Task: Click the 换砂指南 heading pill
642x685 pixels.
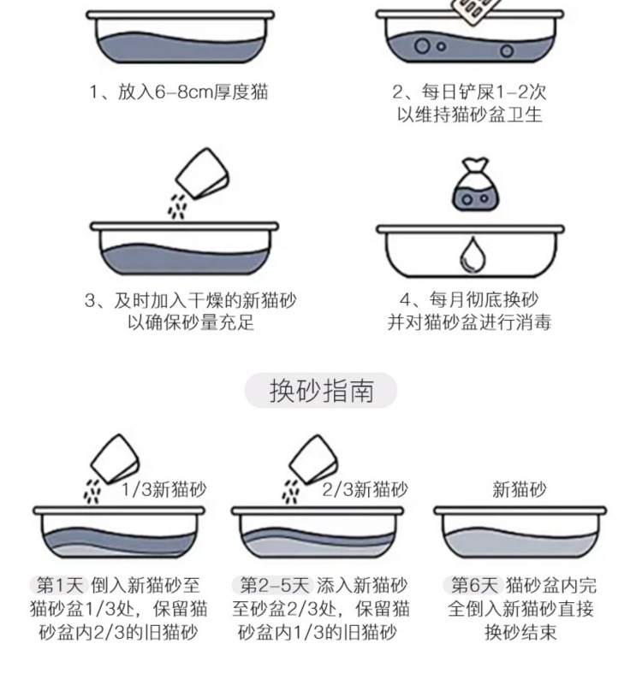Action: tap(321, 391)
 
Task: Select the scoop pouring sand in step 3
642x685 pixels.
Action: tap(203, 174)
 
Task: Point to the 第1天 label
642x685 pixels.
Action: tap(60, 585)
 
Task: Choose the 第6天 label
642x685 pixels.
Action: tap(473, 585)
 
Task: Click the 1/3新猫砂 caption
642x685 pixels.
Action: tap(163, 490)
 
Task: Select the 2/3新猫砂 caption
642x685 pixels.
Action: tap(366, 490)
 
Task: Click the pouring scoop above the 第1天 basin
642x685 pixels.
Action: tap(114, 458)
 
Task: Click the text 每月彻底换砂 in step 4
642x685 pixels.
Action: tap(484, 300)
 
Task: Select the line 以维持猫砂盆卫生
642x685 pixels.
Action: tap(470, 115)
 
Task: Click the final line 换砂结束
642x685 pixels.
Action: tap(521, 633)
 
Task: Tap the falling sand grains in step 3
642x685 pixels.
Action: tap(177, 205)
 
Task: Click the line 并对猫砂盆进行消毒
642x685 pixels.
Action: tap(469, 323)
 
